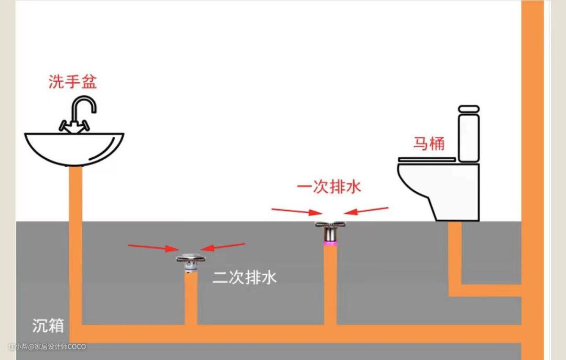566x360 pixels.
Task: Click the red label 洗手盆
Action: tap(73, 82)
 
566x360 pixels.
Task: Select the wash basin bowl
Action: tap(74, 147)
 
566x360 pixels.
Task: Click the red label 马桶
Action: tap(429, 143)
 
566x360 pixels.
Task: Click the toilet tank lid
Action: tap(469, 110)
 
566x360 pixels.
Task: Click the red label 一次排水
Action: tap(330, 187)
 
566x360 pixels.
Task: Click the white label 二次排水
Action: tap(244, 278)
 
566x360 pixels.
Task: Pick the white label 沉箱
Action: tap(48, 325)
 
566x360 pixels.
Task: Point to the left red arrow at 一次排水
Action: tap(297, 211)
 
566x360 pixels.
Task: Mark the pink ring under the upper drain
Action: tap(330, 243)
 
